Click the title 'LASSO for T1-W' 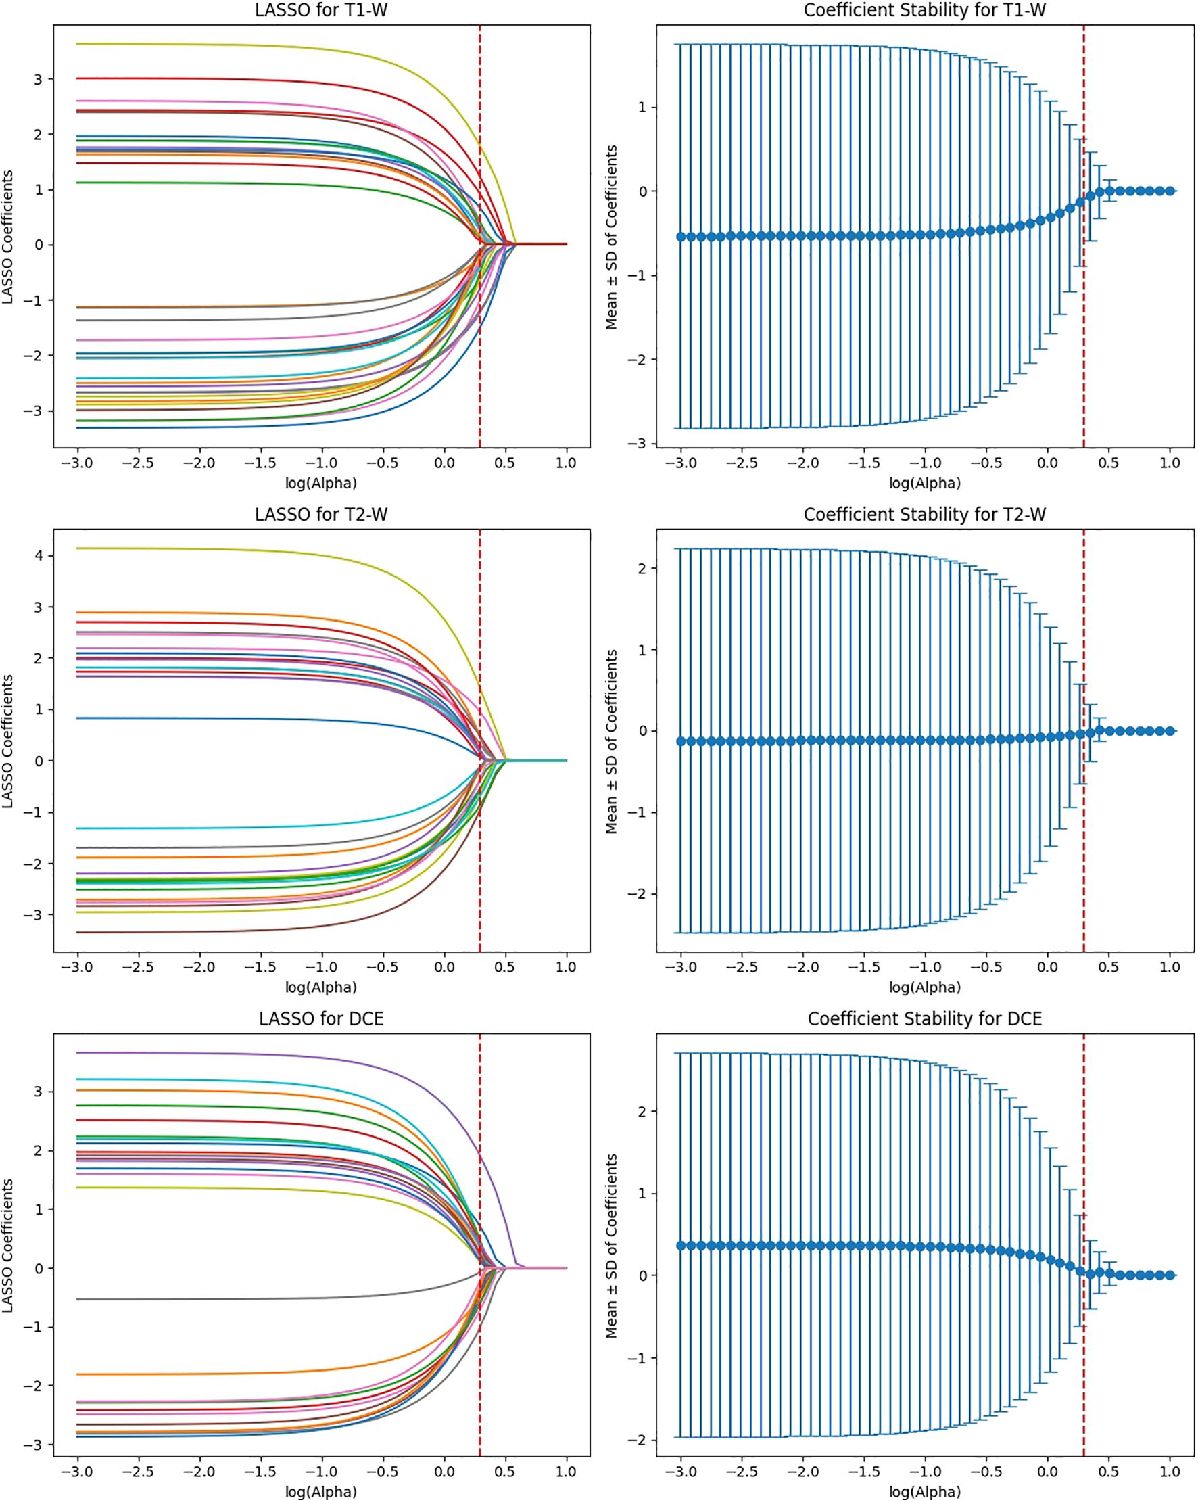coord(320,9)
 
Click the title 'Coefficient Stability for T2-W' coord(925,514)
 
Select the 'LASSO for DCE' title coord(320,1018)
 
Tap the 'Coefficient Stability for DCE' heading coord(925,1018)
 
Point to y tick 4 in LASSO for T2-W coord(39,555)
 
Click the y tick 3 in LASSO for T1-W coord(39,79)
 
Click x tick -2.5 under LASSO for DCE coord(139,1471)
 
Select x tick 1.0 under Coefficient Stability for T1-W coord(1170,463)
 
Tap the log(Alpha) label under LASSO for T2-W coord(320,987)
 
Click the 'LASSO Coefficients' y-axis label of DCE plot coord(8,1245)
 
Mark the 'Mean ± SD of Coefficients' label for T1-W coord(612,237)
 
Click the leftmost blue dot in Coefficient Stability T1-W coord(681,237)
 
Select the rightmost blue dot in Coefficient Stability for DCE coord(1170,1275)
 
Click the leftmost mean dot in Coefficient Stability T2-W coord(681,741)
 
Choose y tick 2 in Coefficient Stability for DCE coord(642,1111)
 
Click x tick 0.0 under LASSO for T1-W coord(444,463)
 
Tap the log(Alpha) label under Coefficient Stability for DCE coord(925,1491)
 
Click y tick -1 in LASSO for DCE coord(33,1327)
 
